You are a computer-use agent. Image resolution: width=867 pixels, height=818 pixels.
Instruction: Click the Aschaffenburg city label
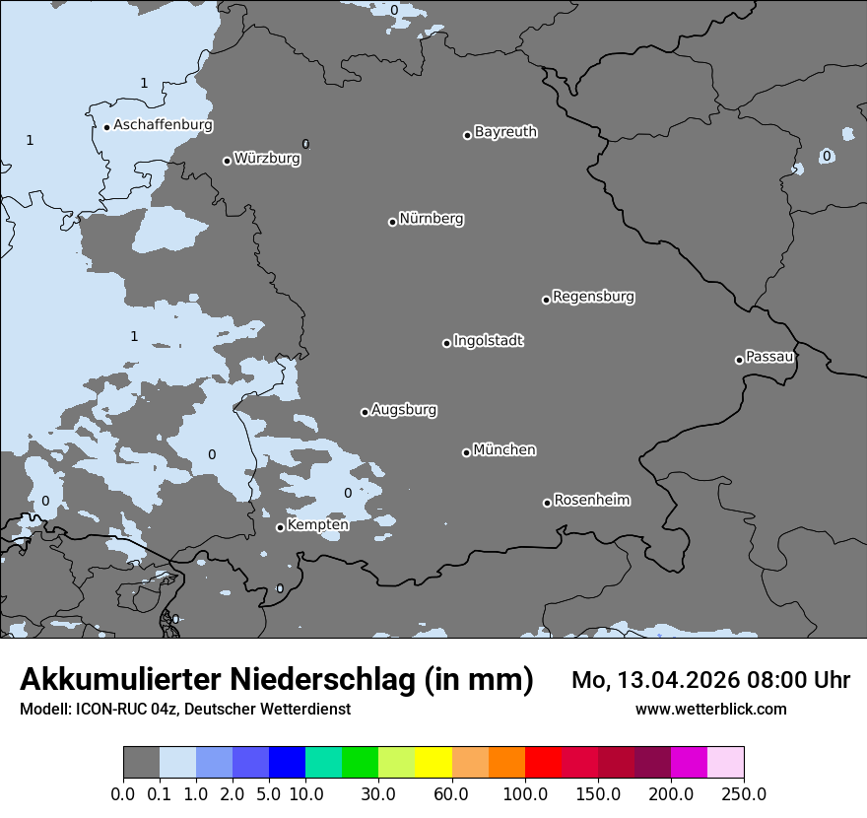163,125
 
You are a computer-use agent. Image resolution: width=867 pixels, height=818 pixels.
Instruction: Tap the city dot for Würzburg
227,161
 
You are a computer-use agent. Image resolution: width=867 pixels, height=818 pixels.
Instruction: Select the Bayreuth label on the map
505,132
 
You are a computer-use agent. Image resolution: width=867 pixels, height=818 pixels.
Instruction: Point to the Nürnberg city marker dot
392,222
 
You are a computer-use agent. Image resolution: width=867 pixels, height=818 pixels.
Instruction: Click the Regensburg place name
593,297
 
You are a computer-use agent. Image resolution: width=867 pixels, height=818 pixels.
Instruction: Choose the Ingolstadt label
488,341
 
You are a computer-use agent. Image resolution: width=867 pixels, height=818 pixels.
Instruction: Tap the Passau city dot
739,360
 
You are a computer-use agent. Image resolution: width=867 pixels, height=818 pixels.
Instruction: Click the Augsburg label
404,410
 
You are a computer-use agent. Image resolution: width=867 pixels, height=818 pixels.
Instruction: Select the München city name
504,450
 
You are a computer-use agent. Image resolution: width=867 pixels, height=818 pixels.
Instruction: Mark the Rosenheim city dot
547,504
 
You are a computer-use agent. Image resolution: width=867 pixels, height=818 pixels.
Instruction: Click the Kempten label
317,525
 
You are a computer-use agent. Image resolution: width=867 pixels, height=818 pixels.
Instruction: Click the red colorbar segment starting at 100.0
543,763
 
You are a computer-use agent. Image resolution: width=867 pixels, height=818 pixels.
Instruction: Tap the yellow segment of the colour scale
433,763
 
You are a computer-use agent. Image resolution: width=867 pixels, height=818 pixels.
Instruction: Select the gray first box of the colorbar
141,763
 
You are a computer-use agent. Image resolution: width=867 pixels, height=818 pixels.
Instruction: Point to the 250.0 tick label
744,793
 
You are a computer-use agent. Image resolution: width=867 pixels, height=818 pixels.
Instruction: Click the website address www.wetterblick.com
710,710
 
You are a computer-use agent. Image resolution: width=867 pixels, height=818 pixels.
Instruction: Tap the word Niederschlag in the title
322,679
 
